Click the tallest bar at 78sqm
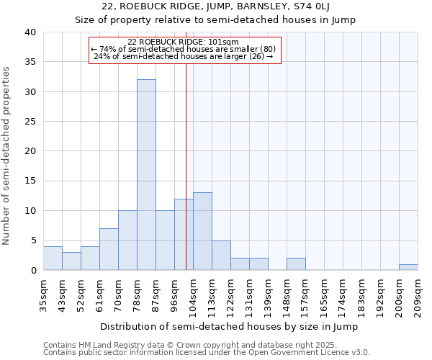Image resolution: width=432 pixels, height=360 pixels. (146, 175)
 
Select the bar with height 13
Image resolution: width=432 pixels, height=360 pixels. (202, 231)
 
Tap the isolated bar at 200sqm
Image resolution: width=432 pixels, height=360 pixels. (408, 267)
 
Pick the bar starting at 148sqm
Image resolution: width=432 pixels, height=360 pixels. (296, 264)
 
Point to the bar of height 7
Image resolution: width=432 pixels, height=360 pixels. (109, 249)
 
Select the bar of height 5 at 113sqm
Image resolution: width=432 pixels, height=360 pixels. (221, 256)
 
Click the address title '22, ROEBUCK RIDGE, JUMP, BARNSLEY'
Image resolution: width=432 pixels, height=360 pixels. (215, 6)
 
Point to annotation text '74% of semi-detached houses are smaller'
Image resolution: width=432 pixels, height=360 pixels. (184, 49)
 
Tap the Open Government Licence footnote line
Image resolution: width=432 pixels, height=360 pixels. (206, 353)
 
